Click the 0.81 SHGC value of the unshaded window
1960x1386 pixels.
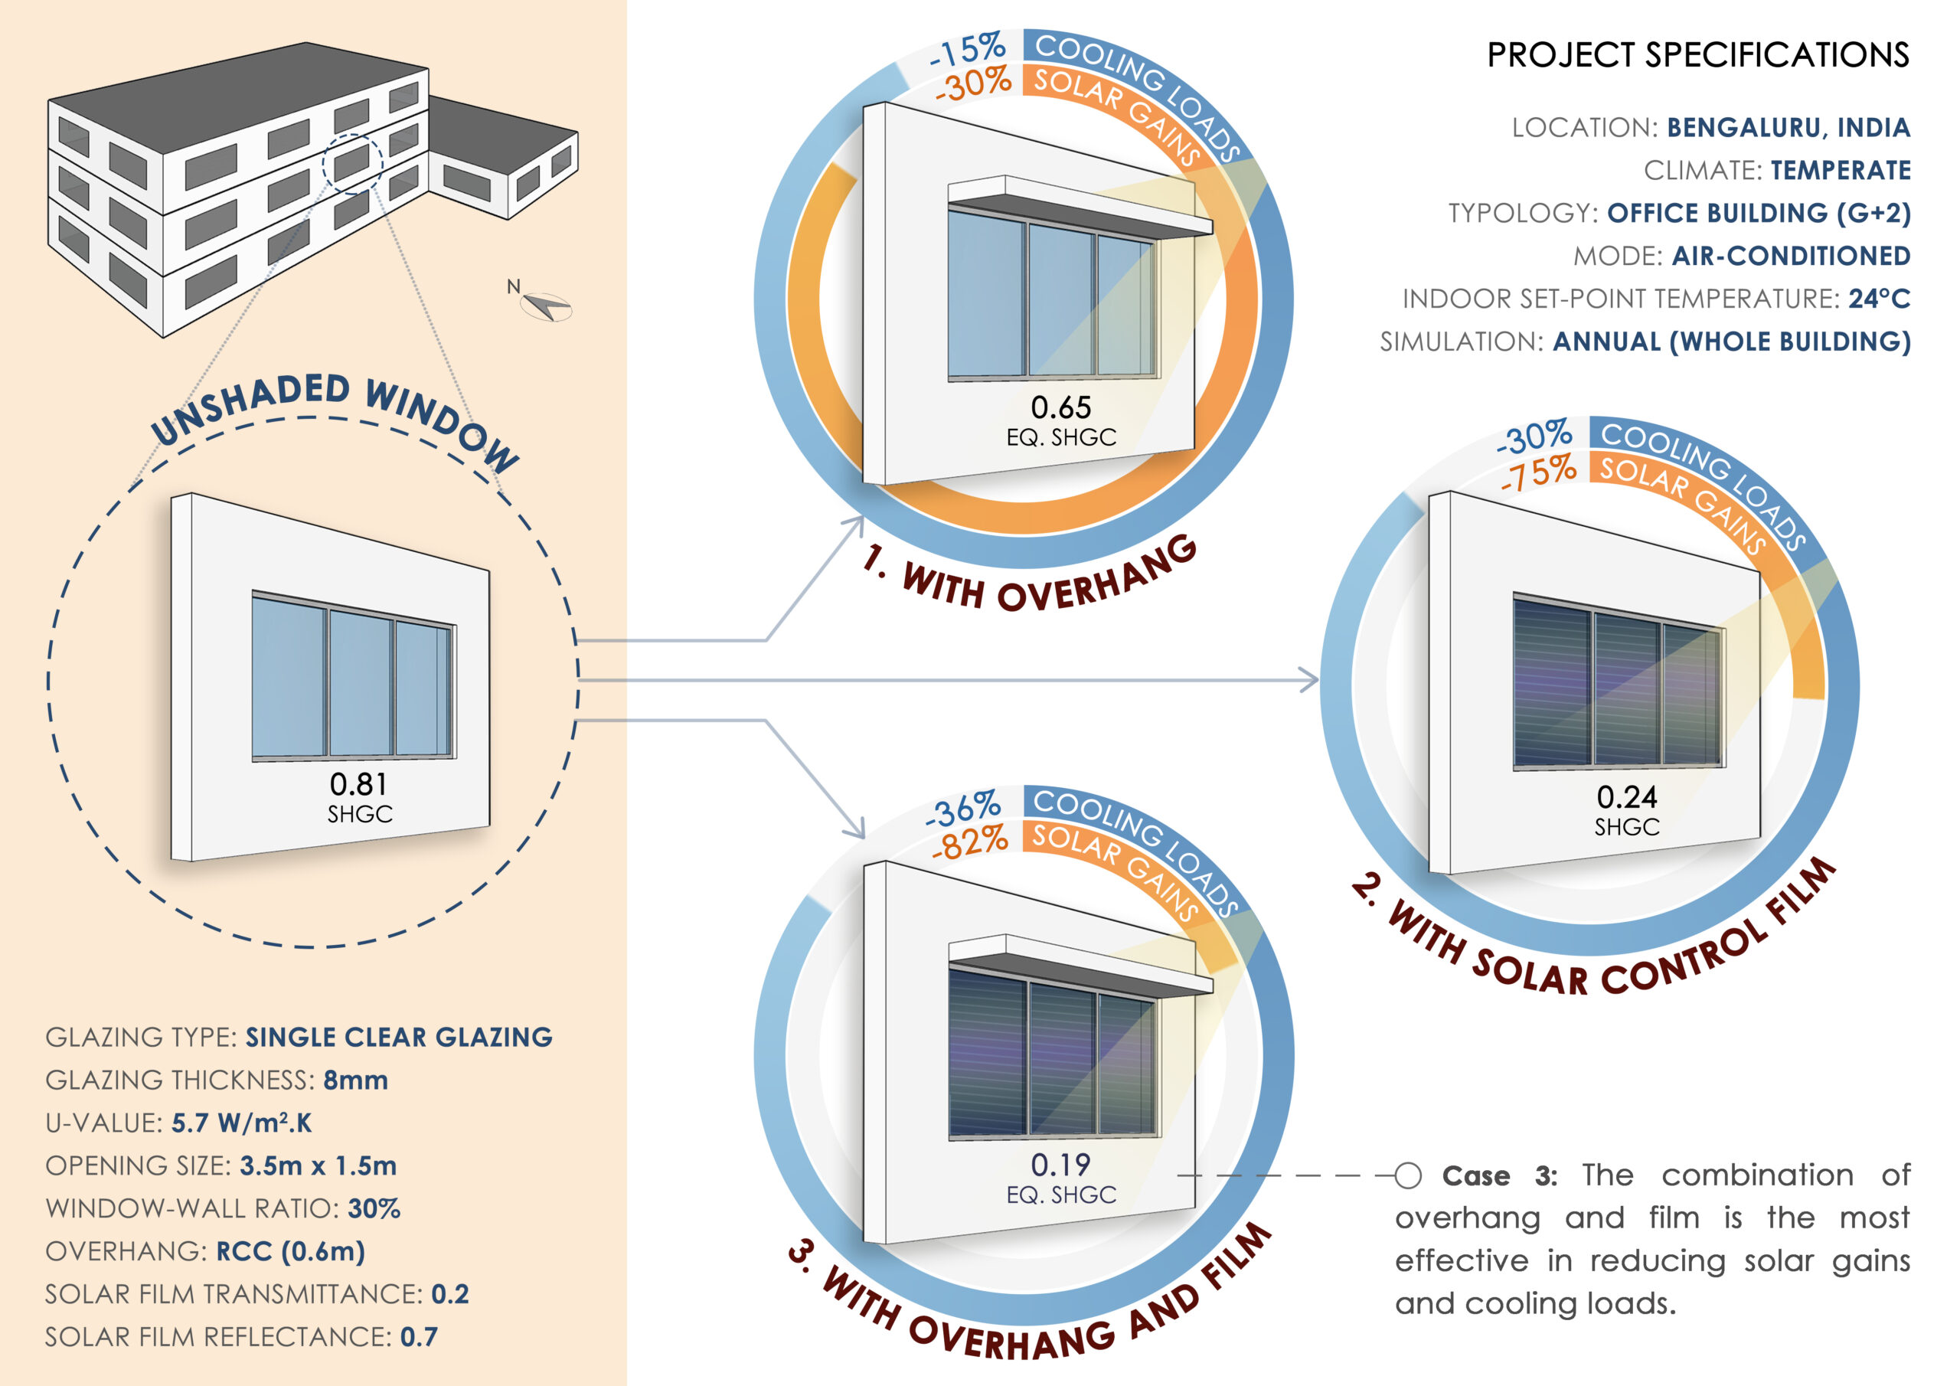(x=358, y=785)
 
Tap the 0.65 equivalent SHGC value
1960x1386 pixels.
(x=1060, y=407)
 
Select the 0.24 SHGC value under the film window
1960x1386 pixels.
(x=1626, y=798)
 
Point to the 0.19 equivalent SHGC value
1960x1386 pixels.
(x=1060, y=1165)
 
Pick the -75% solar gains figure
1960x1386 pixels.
(x=1538, y=473)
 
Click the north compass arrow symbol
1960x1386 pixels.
(x=547, y=305)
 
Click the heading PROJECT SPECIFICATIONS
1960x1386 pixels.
(x=1697, y=54)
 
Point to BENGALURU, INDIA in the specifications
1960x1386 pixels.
(x=1788, y=128)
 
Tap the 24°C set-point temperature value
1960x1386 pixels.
(x=1879, y=299)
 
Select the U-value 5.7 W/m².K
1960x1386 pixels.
(x=242, y=1123)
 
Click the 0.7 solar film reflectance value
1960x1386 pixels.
(x=418, y=1337)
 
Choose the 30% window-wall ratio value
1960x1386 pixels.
(x=374, y=1209)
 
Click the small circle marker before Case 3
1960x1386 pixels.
(x=1408, y=1176)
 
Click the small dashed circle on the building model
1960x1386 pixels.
(x=352, y=162)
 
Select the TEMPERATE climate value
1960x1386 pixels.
(x=1841, y=171)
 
